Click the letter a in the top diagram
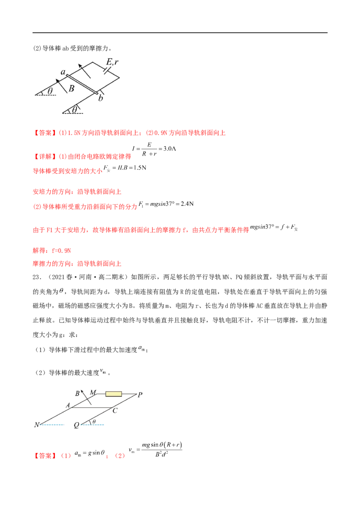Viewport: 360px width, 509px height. click(x=63, y=72)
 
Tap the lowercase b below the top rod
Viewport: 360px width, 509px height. click(x=101, y=97)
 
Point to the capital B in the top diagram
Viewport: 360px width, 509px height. click(x=72, y=89)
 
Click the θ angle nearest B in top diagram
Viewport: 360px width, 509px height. click(x=50, y=91)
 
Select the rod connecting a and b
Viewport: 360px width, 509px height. click(x=81, y=83)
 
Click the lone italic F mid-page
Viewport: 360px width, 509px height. click(x=61, y=292)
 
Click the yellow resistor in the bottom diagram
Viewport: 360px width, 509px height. click(x=113, y=394)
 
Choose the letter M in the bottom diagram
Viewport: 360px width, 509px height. click(x=94, y=392)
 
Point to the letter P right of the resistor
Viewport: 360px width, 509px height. click(x=140, y=394)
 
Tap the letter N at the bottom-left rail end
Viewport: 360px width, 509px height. click(x=36, y=424)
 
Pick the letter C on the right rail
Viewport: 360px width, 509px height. click(x=115, y=411)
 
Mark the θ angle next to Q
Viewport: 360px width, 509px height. click(x=93, y=421)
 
